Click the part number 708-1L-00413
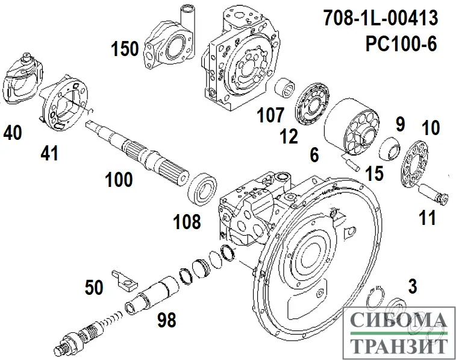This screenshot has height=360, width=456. tap(381, 18)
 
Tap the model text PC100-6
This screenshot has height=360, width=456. tap(401, 43)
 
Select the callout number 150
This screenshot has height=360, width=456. tap(125, 49)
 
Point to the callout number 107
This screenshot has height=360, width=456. tap(270, 115)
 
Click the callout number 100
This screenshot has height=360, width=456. tap(119, 179)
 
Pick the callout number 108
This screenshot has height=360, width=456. tap(187, 221)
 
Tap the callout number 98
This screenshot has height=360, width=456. tap(167, 320)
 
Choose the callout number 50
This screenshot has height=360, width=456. tap(94, 287)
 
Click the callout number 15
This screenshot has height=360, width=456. tap(374, 173)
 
